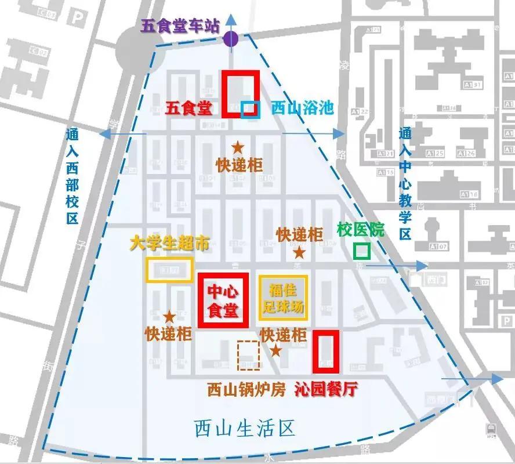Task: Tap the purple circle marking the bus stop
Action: pos(231,39)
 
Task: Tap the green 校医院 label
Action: pos(361,229)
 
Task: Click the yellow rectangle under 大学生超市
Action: pos(169,270)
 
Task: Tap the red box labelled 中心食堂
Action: pos(223,300)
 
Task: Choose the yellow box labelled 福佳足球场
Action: pos(283,297)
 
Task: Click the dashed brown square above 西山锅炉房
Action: pos(249,355)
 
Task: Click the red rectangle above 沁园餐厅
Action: pos(325,351)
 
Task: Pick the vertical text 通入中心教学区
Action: pos(405,184)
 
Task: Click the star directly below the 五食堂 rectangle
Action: pos(238,147)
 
